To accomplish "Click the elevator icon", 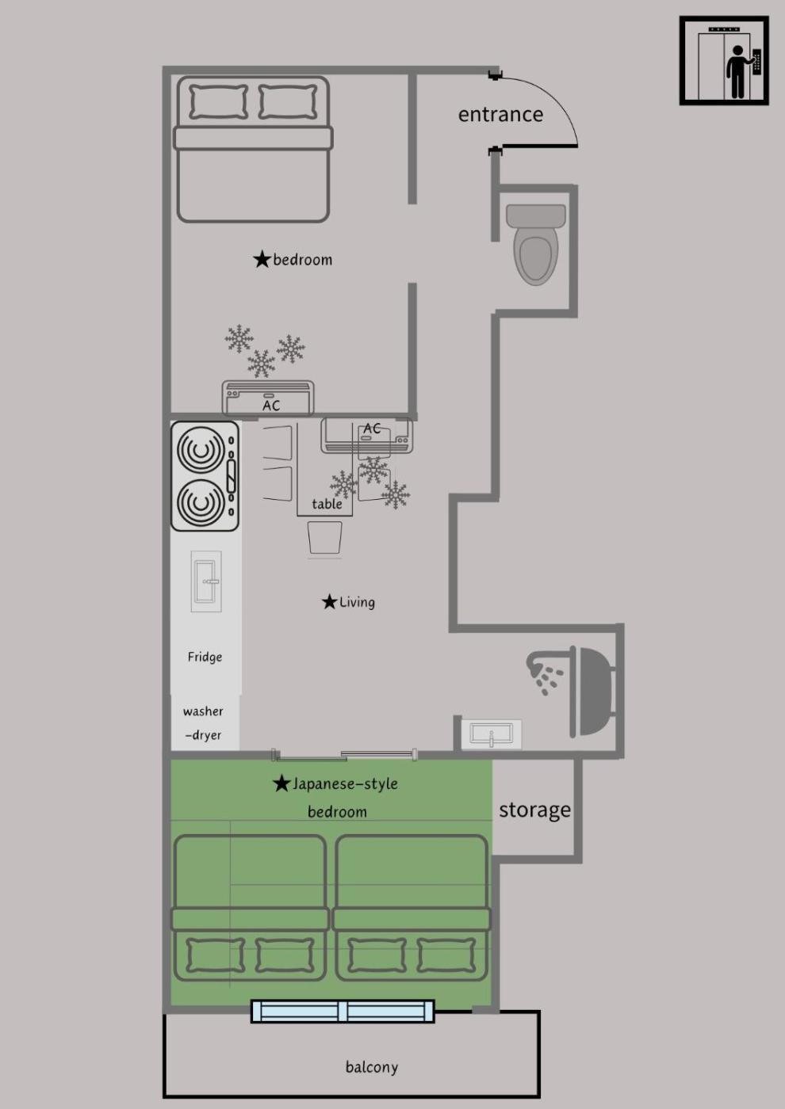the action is point(724,60).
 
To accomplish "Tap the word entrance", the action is point(500,114).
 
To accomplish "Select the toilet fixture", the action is point(536,244).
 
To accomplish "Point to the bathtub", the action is point(592,691).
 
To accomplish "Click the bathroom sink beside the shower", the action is point(491,734).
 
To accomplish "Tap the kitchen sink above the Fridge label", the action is point(206,581).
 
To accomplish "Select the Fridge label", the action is point(205,657).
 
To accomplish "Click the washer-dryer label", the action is point(203,722).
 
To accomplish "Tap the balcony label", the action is point(372,1066).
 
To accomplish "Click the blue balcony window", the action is point(343,1011).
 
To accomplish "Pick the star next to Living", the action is point(330,602).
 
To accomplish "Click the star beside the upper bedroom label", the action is point(262,259).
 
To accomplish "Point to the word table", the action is point(327,504).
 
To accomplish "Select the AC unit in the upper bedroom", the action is point(268,398).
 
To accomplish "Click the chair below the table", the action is point(324,537).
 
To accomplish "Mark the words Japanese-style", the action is point(346,784).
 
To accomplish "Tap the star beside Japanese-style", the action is point(281,783).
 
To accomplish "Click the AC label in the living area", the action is point(372,429).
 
